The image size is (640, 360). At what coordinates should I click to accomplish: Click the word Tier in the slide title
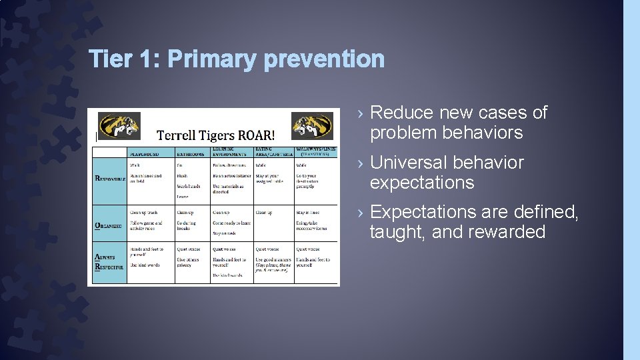point(109,59)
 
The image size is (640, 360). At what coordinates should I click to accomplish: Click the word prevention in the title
point(323,59)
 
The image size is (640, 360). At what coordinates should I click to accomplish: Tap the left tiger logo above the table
point(119,125)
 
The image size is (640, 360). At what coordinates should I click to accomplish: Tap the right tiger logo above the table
point(312,125)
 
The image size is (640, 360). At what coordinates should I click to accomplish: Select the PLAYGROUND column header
point(144,153)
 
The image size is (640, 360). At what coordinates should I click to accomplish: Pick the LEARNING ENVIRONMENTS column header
point(230,151)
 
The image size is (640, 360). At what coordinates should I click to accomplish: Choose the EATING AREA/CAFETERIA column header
point(274,151)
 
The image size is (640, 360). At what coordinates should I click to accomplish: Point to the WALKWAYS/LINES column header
point(316,151)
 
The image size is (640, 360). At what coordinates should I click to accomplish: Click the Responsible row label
point(108,178)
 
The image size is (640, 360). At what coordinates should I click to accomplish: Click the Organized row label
point(107,225)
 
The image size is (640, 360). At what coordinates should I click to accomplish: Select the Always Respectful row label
point(107,261)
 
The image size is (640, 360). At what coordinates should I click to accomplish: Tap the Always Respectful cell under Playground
point(151,263)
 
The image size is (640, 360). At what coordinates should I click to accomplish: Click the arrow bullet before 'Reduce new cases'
point(360,113)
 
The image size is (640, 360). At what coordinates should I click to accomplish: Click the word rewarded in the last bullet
point(513,232)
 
